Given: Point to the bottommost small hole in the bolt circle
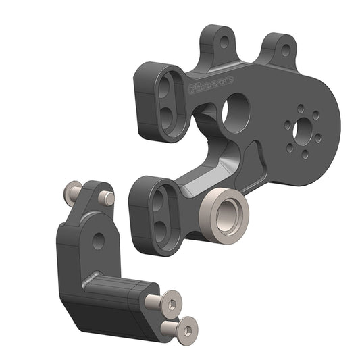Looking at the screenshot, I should pos(305,153).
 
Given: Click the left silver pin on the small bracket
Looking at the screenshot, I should pos(74,194).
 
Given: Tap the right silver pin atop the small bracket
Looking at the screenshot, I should pos(106,198).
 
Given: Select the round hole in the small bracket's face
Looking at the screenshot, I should pos(99,240).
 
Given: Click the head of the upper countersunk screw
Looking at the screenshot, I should pos(171,303).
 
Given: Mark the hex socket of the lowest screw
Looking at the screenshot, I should pos(187,329).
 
